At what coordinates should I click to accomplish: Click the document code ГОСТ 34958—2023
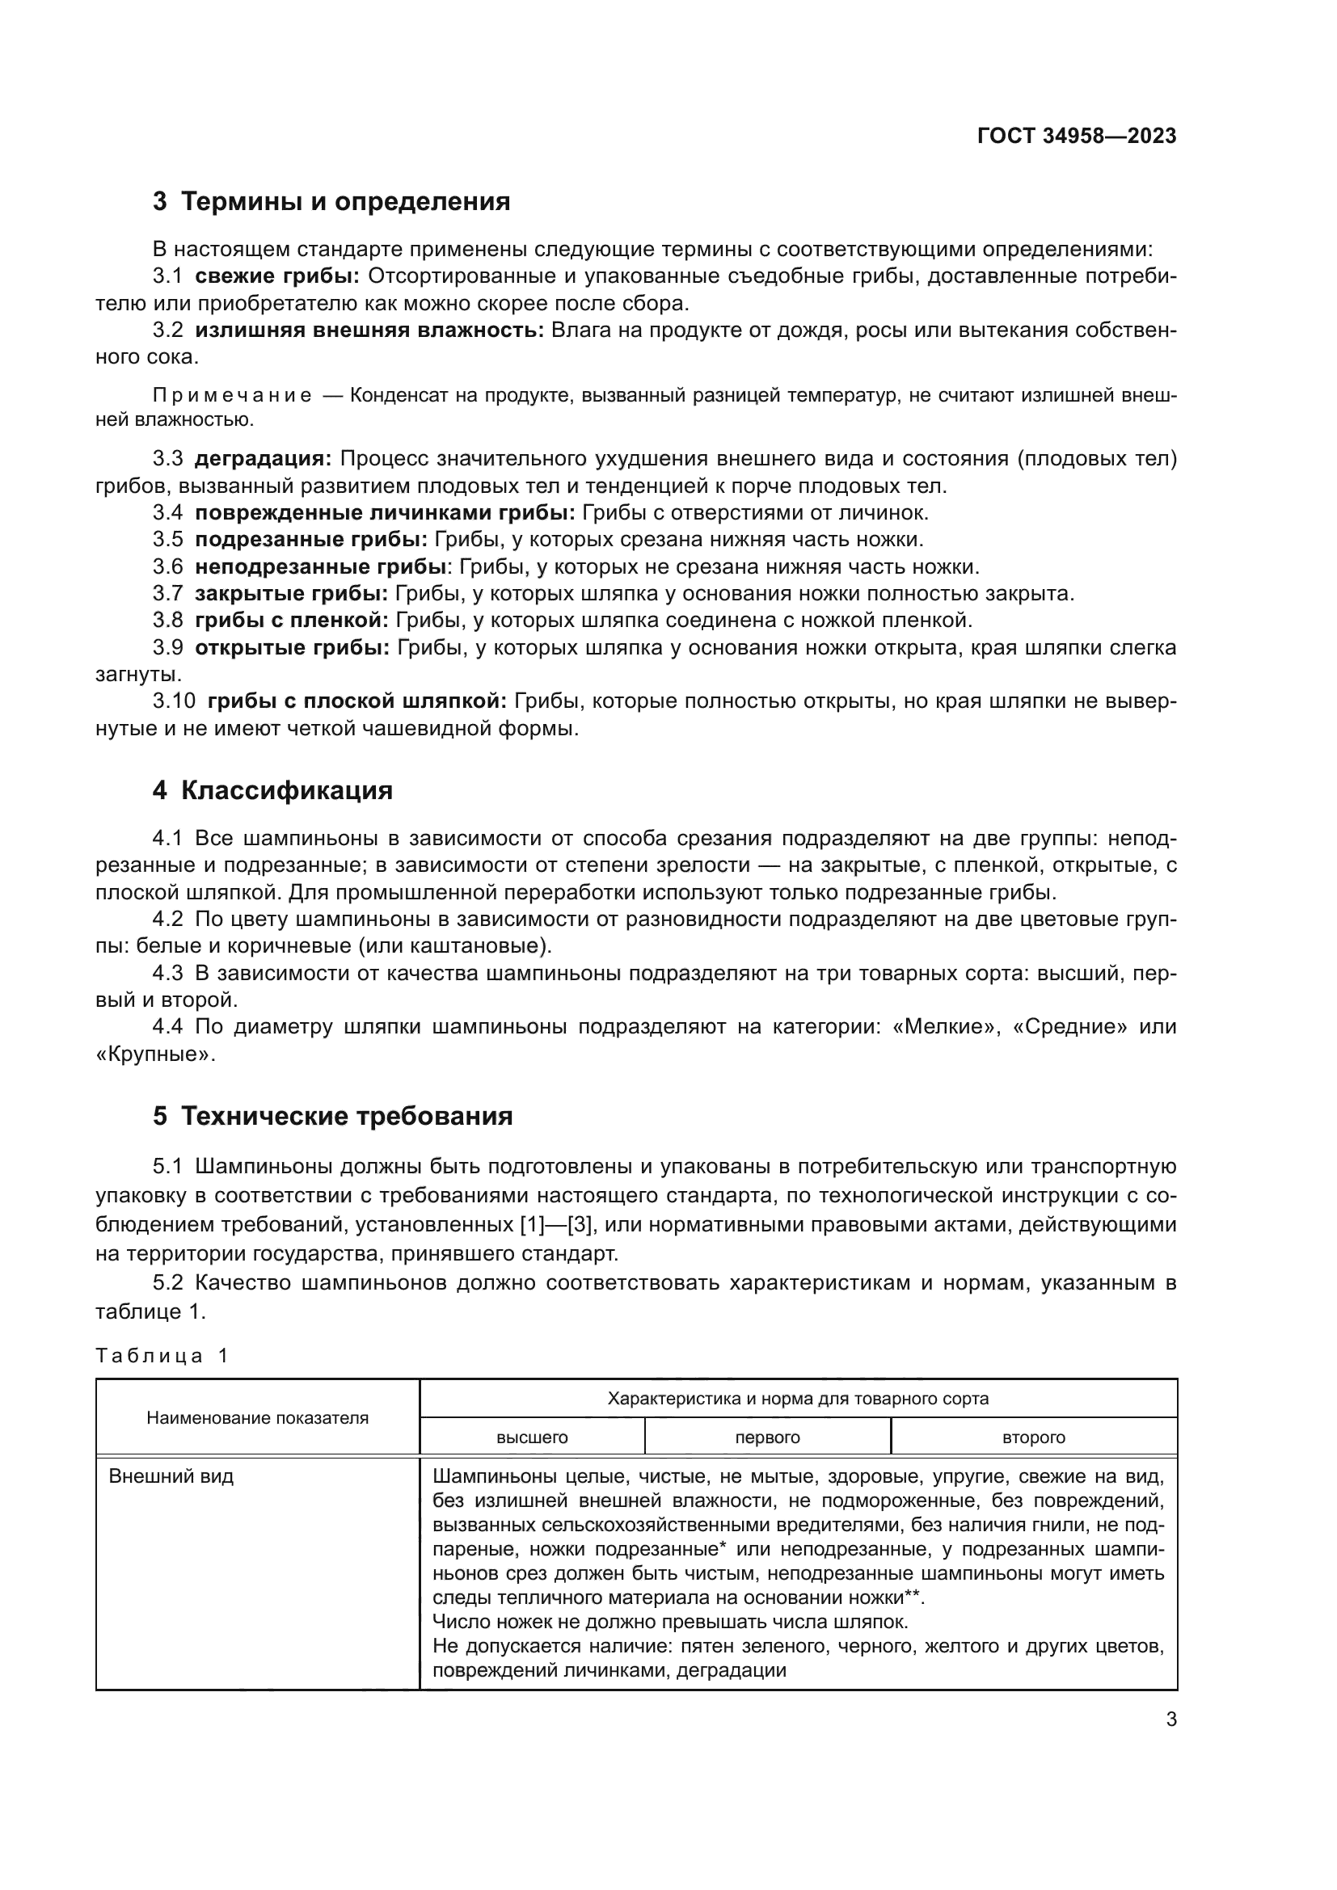pyautogui.click(x=1076, y=136)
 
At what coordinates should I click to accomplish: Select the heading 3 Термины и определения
pyautogui.click(x=331, y=202)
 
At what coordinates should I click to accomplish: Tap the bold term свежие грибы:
pyautogui.click(x=277, y=276)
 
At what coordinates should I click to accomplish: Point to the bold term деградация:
pyautogui.click(x=263, y=458)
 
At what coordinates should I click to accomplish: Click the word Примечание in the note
pyautogui.click(x=232, y=396)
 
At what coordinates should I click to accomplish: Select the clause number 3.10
pyautogui.click(x=174, y=701)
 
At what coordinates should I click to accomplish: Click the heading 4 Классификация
pyautogui.click(x=272, y=790)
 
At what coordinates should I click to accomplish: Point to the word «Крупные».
pyautogui.click(x=154, y=1054)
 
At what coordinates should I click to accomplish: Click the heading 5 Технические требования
pyautogui.click(x=332, y=1116)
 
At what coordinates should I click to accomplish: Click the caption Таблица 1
pyautogui.click(x=162, y=1356)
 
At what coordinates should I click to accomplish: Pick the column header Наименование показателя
pyautogui.click(x=257, y=1417)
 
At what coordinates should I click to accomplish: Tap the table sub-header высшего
pyautogui.click(x=532, y=1437)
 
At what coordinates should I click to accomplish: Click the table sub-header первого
pyautogui.click(x=767, y=1437)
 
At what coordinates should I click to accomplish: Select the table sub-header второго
pyautogui.click(x=1033, y=1437)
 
